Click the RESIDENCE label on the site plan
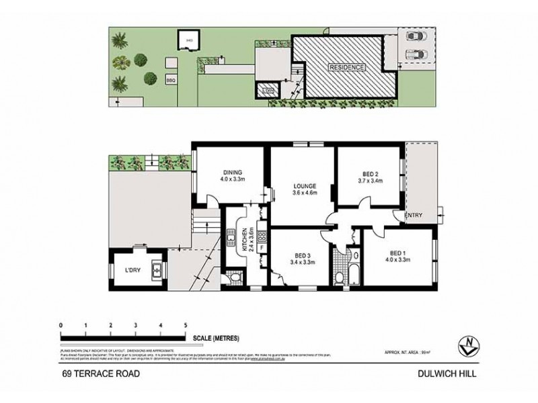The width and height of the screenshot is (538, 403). tap(346, 68)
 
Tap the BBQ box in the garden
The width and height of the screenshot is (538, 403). tap(171, 79)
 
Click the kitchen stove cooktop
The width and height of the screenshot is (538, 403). tap(262, 234)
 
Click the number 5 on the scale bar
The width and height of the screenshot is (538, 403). tap(185, 324)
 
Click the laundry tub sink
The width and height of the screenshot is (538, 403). tap(156, 271)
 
